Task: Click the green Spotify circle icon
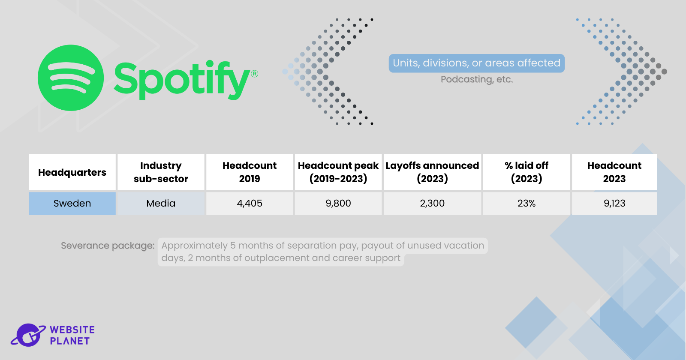click(x=71, y=78)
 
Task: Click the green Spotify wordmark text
click(x=182, y=80)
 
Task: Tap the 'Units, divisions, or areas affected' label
click(x=476, y=63)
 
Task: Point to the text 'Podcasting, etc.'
click(x=476, y=80)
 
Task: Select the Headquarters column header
click(x=72, y=172)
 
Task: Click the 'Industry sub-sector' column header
click(x=161, y=172)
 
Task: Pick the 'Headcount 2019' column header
click(x=250, y=172)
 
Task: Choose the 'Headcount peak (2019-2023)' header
click(x=338, y=172)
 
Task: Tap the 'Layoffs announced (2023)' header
click(x=432, y=172)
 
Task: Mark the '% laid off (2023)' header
click(x=527, y=172)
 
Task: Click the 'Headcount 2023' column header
click(x=614, y=172)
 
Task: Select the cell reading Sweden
click(x=72, y=204)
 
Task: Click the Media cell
click(x=161, y=204)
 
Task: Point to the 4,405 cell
click(x=250, y=204)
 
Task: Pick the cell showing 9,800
click(x=338, y=204)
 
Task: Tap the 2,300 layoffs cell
click(x=432, y=204)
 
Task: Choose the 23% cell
click(x=527, y=204)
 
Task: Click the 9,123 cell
click(x=614, y=204)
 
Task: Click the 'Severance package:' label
click(x=108, y=246)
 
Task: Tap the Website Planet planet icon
click(x=28, y=335)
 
